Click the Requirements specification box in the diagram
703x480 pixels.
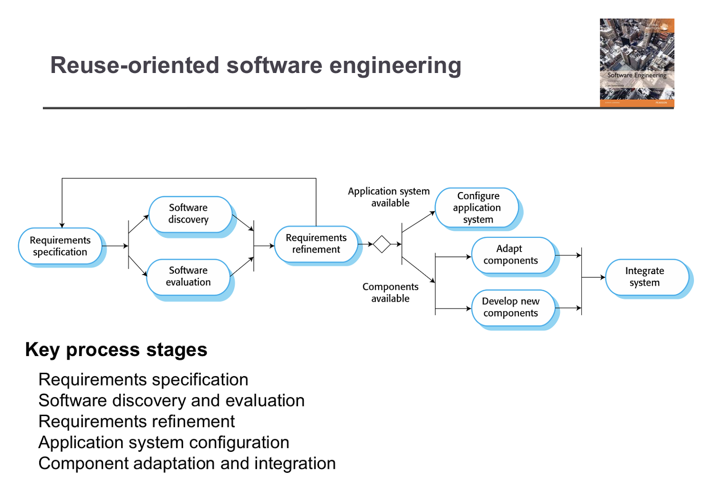(60, 246)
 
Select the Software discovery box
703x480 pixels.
(188, 214)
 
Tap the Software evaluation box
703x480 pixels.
(188, 276)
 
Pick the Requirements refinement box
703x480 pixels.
(316, 244)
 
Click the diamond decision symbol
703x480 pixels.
(382, 244)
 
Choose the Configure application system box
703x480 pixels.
(477, 208)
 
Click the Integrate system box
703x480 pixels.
(645, 276)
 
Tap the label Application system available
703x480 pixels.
(389, 197)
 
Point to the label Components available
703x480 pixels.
(391, 292)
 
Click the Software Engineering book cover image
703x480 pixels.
(637, 62)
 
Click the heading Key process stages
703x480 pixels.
(116, 350)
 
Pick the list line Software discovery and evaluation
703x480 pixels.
(171, 401)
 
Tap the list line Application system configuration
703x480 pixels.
(164, 443)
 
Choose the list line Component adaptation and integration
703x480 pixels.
(187, 464)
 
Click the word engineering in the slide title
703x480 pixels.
(395, 65)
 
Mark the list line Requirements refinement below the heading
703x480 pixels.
(136, 422)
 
